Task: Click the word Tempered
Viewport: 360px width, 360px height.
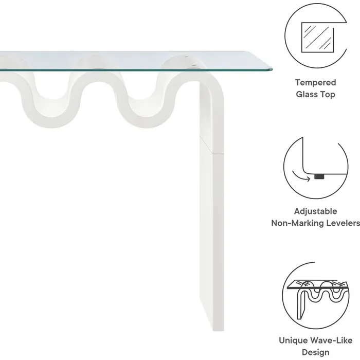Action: point(315,82)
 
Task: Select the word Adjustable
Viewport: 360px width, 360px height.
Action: point(315,211)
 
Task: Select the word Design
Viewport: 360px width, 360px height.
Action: point(316,352)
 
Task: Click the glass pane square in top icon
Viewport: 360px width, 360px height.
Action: point(317,37)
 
